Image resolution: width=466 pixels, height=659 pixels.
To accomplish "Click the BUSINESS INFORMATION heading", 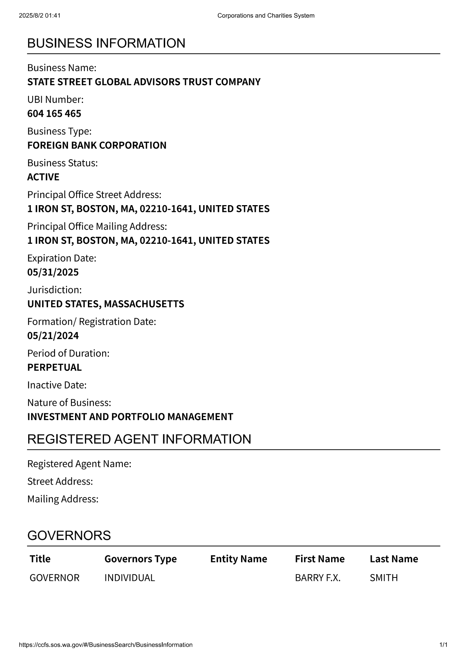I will click(x=106, y=44).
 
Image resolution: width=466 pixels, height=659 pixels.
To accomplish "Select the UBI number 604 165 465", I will click(x=54, y=113).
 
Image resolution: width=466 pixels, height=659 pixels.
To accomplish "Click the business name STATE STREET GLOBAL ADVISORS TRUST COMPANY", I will click(x=144, y=82).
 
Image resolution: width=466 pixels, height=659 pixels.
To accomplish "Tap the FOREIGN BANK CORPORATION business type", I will click(x=97, y=145).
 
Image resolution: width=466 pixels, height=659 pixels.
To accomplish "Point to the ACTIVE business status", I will click(x=43, y=177).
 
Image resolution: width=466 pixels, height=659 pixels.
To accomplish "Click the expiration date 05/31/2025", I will click(x=53, y=272).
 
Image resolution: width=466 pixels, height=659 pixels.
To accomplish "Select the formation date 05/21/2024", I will click(x=53, y=336).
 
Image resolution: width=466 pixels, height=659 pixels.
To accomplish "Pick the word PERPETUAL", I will click(x=54, y=367).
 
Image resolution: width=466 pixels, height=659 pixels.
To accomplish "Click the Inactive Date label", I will click(x=57, y=385).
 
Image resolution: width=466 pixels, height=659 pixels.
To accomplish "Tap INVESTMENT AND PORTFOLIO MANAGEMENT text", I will click(x=130, y=417).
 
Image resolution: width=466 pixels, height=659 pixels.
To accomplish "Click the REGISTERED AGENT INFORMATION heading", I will click(x=139, y=439).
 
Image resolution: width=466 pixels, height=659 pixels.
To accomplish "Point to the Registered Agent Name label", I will click(x=79, y=464).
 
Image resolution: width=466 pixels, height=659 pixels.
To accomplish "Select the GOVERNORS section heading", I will click(x=69, y=535).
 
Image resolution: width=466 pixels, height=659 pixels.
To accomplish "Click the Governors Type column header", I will click(x=140, y=559).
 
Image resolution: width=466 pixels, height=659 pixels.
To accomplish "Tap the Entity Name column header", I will click(x=238, y=559).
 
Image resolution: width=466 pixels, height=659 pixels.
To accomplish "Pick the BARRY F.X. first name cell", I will click(x=318, y=578).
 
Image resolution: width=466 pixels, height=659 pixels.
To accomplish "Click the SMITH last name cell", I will click(x=383, y=578).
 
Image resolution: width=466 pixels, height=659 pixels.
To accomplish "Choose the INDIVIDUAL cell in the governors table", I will click(x=130, y=578).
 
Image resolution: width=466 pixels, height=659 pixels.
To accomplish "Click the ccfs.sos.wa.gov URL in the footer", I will click(x=106, y=645).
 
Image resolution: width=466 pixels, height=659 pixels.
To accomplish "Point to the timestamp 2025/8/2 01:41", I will click(x=39, y=15).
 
